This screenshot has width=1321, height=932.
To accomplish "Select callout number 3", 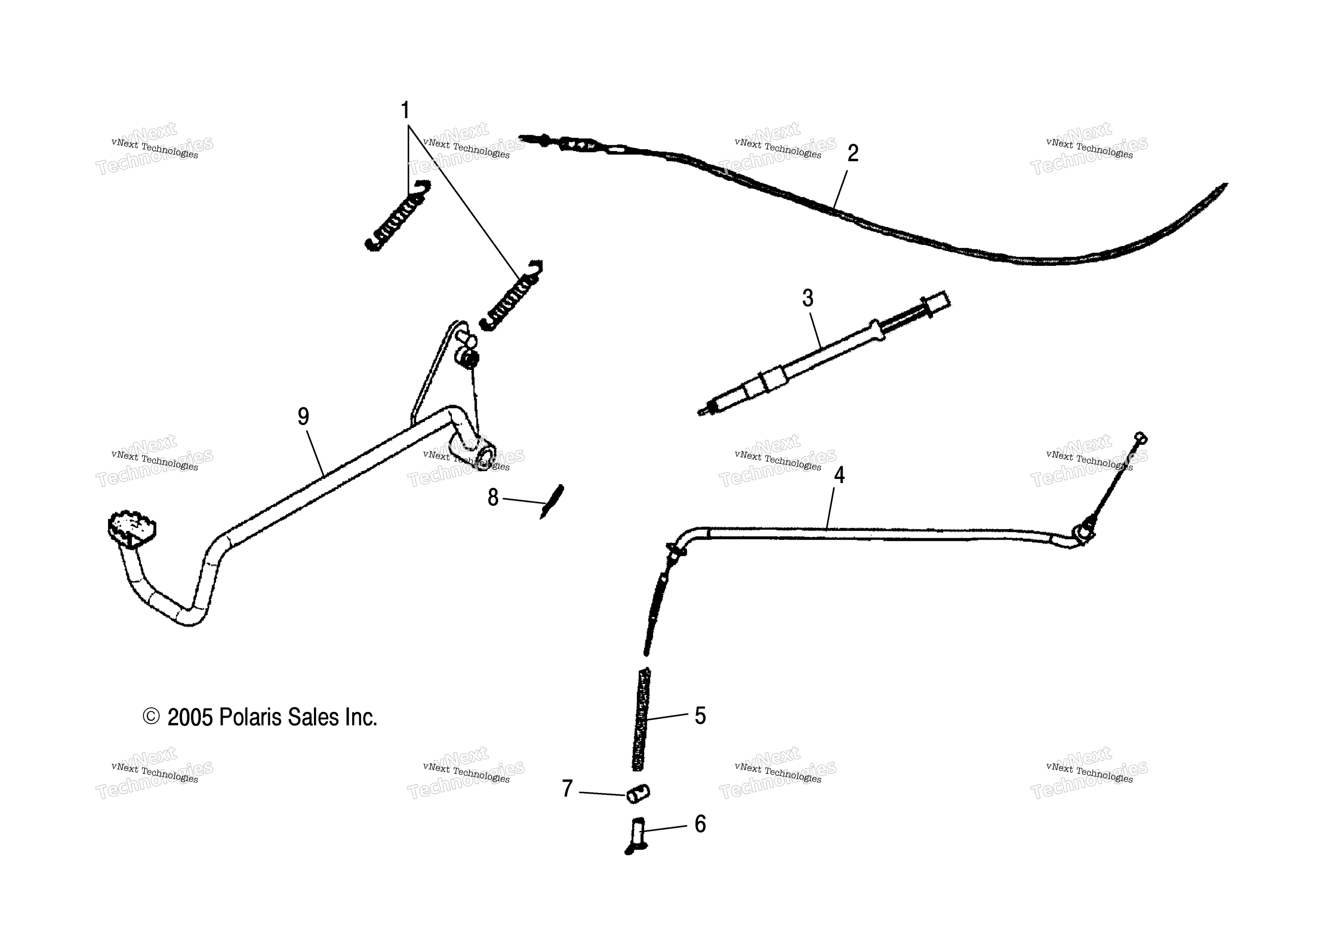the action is click(x=808, y=298).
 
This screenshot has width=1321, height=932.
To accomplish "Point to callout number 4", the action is click(x=840, y=475).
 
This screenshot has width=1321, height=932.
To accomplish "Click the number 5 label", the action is click(x=700, y=715).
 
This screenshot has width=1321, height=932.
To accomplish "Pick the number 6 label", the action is click(x=700, y=824).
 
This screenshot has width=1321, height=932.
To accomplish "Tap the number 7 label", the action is click(x=567, y=788).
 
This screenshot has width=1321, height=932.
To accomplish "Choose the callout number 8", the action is click(x=493, y=497).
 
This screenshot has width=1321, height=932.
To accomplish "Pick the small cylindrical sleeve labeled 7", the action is click(x=638, y=793).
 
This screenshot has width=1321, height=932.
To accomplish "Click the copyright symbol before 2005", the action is click(x=151, y=717).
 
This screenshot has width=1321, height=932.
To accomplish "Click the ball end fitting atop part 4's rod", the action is click(x=1141, y=438).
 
